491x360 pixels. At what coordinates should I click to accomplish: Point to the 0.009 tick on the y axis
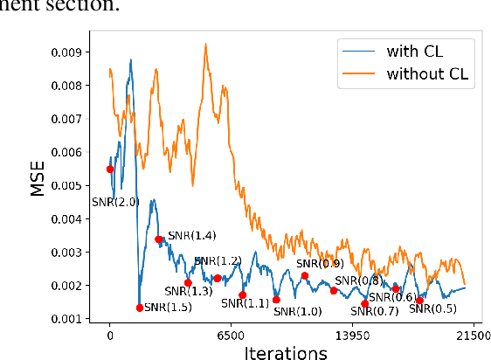click(x=76, y=52)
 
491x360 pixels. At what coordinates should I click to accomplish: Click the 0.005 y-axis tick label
click(x=76, y=186)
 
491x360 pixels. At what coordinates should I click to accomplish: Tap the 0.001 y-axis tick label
click(x=76, y=320)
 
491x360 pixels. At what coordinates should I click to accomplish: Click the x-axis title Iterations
click(x=287, y=351)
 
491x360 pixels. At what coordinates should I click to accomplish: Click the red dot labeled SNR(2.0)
click(x=110, y=170)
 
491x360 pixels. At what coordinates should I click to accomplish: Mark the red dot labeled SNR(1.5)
click(x=140, y=308)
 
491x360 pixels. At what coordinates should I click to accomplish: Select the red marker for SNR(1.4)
click(x=158, y=239)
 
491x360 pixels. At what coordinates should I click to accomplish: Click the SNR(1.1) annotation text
click(x=245, y=303)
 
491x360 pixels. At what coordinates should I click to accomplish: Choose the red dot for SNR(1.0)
click(x=276, y=300)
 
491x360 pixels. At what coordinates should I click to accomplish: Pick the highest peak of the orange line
click(x=206, y=44)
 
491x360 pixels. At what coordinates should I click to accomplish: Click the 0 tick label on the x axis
click(x=110, y=335)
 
